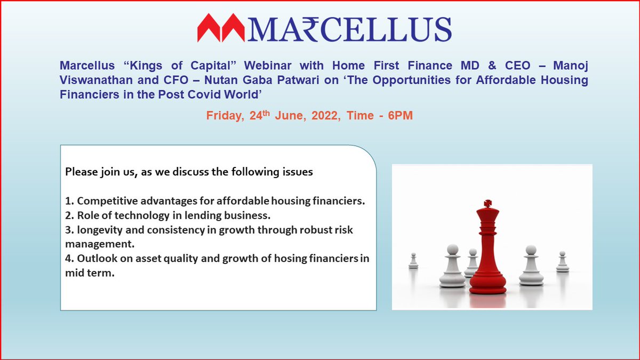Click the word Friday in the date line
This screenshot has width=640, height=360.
pos(226,116)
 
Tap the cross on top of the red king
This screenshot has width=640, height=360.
pos(486,204)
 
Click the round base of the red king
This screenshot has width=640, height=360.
pos(487,288)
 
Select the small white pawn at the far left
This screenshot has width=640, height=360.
pos(413,261)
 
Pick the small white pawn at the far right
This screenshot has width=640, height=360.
pos(562,262)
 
